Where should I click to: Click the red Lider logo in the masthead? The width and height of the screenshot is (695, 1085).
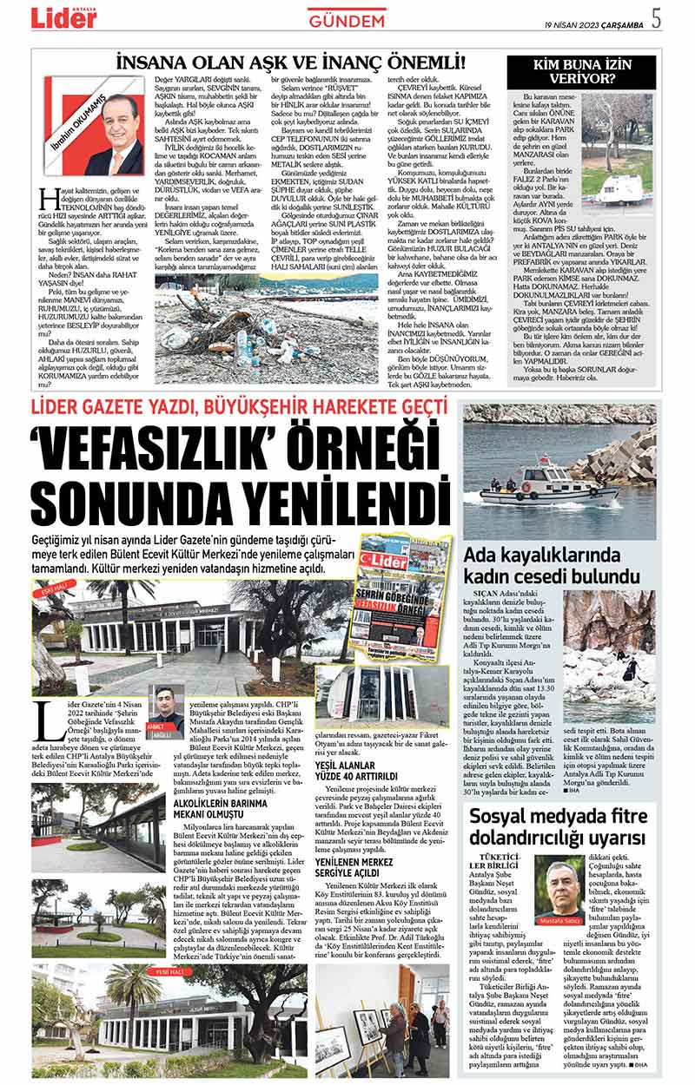[x=66, y=18]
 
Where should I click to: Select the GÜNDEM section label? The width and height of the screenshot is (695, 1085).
[x=347, y=20]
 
